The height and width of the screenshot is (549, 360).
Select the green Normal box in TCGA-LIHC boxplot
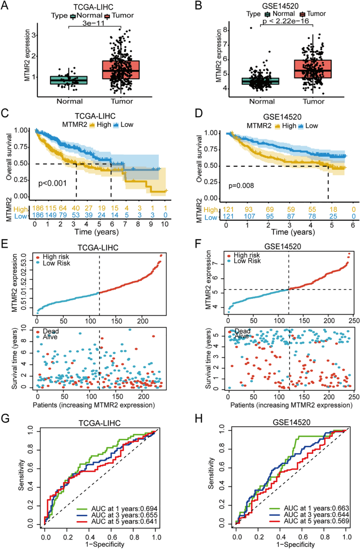(68, 80)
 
